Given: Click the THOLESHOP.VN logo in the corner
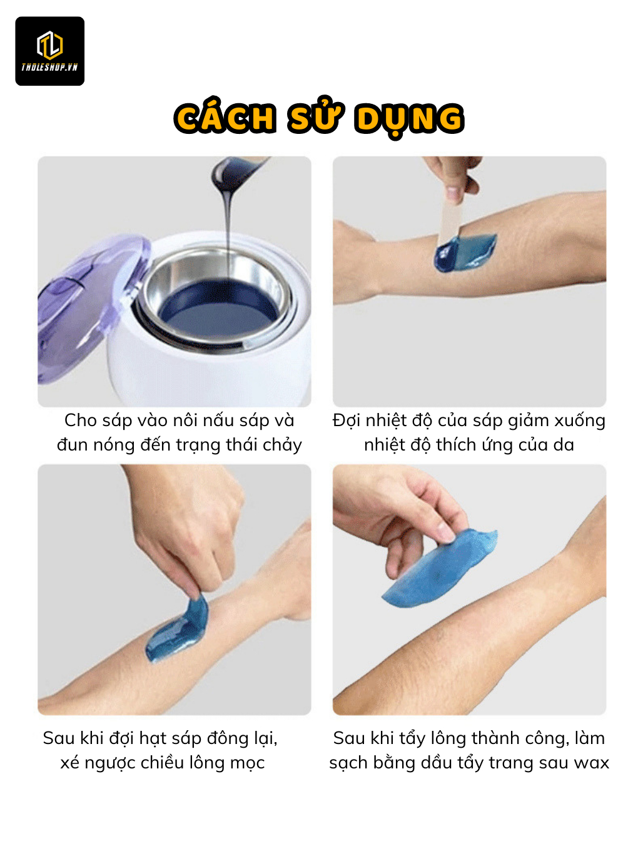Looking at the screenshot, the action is tap(49, 51).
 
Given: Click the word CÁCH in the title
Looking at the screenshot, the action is tap(225, 117).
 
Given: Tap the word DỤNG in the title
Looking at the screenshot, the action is tap(409, 119).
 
